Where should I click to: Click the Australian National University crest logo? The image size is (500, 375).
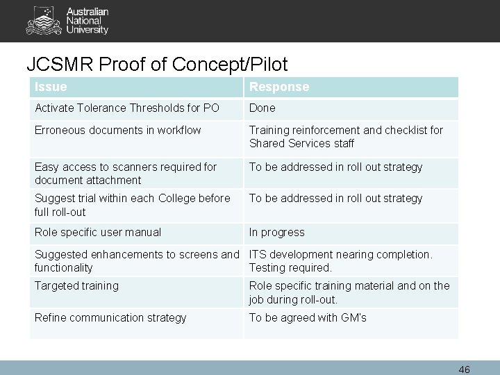(39, 20)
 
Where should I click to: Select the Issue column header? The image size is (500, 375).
(51, 87)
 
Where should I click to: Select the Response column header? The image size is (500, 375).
(279, 87)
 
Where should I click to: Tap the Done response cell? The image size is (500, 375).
(262, 108)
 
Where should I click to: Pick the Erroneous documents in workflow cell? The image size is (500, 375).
(118, 130)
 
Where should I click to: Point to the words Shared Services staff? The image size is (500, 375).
(301, 143)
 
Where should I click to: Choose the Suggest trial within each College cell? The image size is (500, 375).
(132, 204)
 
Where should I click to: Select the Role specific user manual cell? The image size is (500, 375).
(97, 232)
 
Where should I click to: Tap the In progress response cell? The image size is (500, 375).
(276, 232)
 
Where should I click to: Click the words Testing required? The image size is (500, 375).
(290, 267)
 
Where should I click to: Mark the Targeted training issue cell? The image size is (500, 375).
(76, 285)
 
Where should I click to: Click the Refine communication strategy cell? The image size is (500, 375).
(110, 317)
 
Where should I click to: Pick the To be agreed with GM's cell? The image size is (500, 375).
(308, 317)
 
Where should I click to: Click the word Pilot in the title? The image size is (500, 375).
(263, 64)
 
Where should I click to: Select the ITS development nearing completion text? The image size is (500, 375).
(340, 255)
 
